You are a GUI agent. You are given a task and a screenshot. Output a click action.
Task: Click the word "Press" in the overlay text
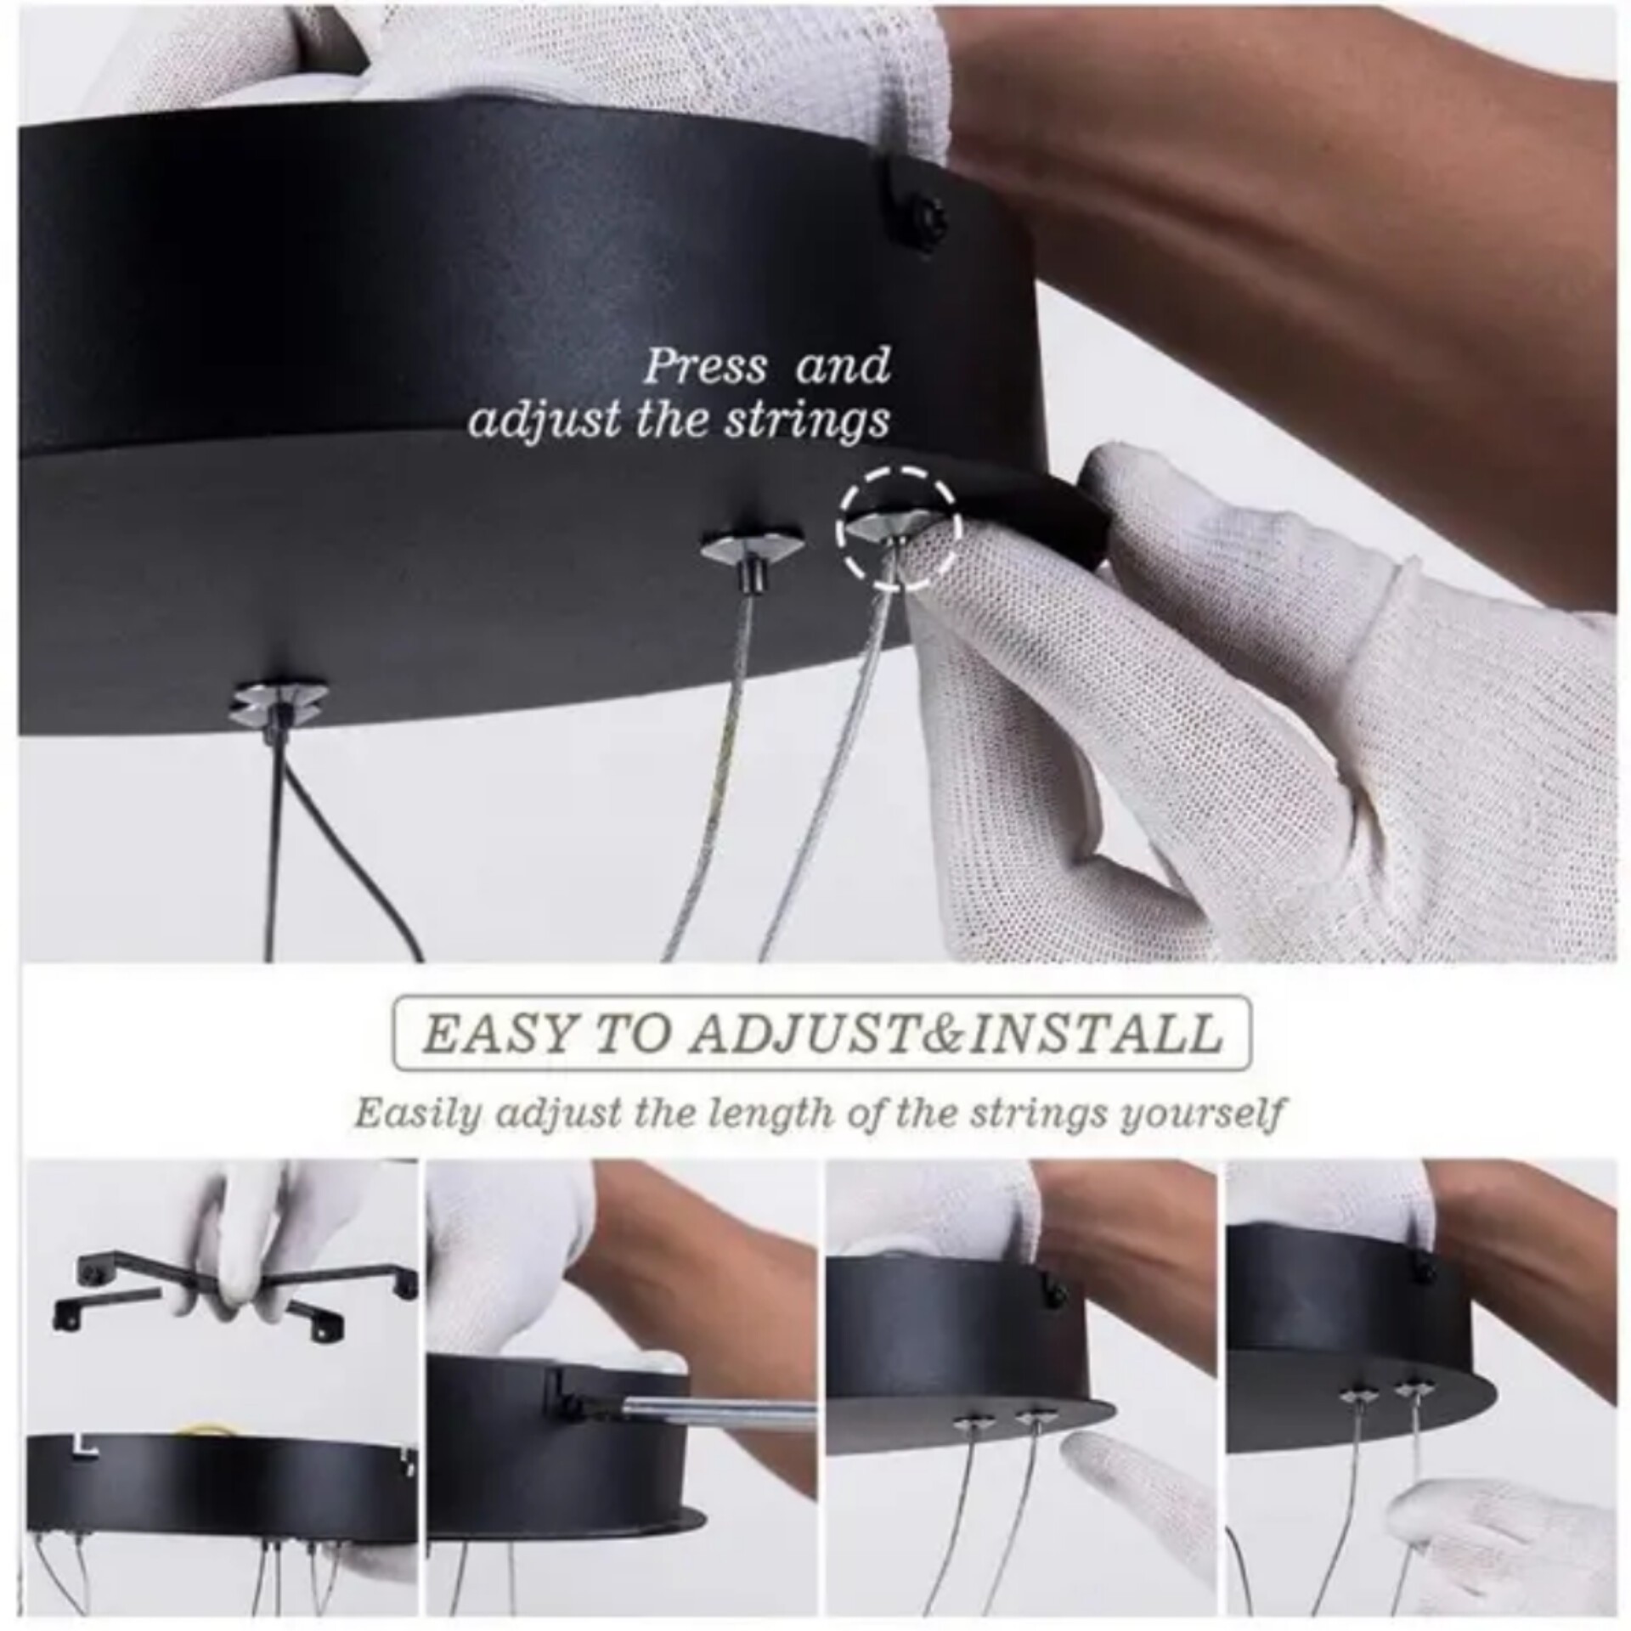tap(705, 366)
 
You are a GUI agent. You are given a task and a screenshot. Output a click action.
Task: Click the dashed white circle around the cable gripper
tap(900, 527)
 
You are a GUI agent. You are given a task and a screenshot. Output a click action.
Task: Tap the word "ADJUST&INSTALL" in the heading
tap(955, 1035)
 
